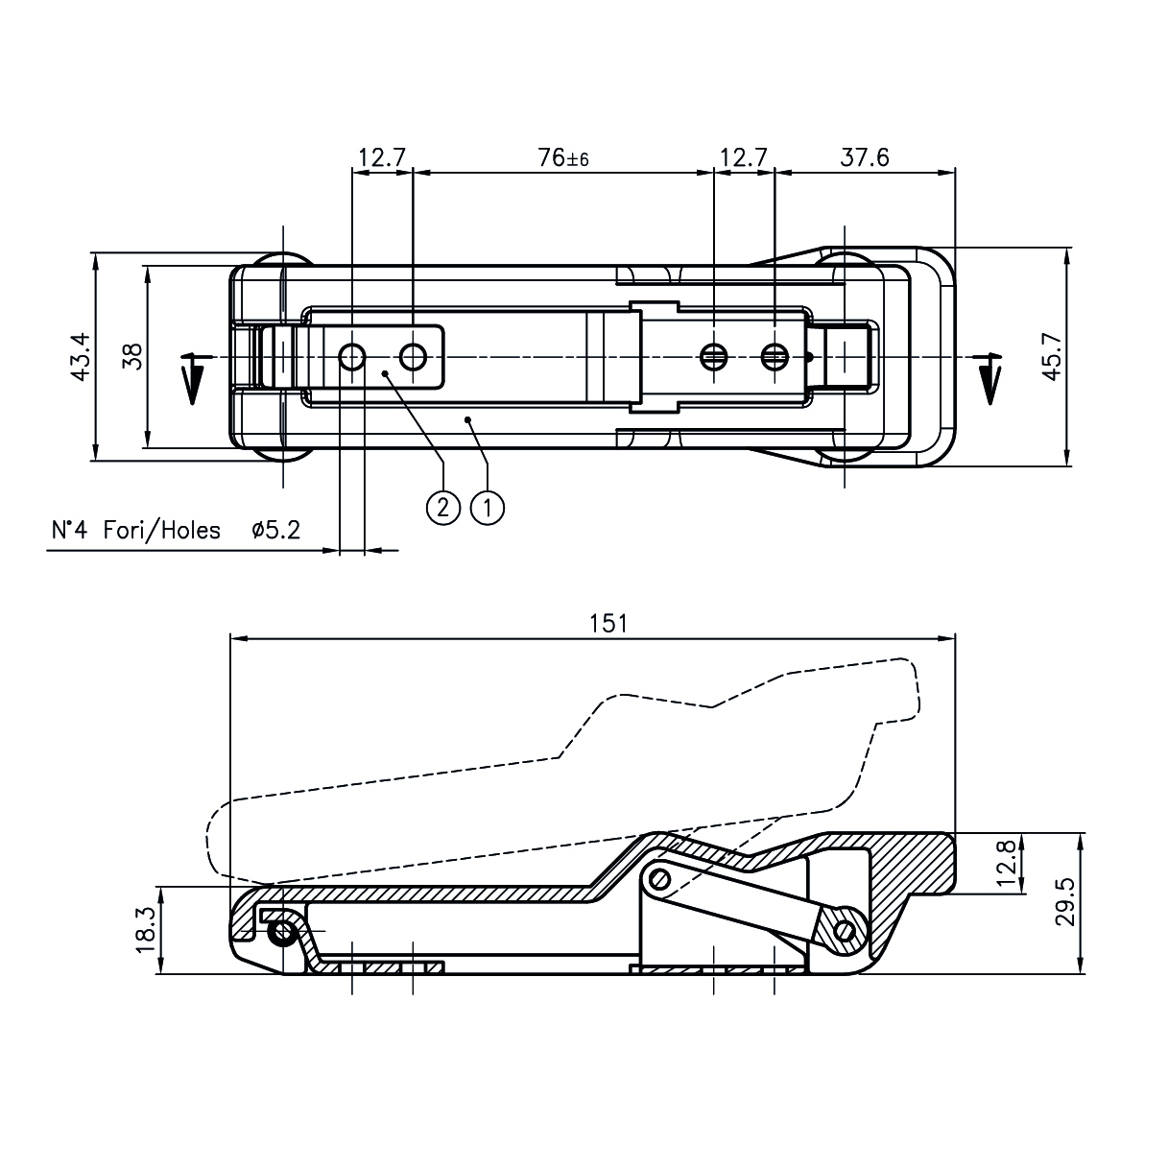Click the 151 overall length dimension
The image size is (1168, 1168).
point(608,623)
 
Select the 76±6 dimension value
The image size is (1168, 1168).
point(562,158)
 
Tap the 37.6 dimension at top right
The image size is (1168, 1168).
point(864,158)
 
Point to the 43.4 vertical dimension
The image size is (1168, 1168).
point(81,357)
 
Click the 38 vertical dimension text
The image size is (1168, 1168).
point(133,357)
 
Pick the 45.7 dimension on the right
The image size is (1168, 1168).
point(1052,358)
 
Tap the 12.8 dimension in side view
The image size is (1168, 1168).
point(1007,862)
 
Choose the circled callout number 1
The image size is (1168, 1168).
point(488,507)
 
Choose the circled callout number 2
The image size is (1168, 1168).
point(442,507)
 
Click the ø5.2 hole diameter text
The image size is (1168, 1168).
point(275,530)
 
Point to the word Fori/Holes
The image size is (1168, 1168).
point(161,530)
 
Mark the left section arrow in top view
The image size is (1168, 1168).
point(192,378)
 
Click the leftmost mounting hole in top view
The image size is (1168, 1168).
point(352,357)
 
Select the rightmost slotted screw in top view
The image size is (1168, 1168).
point(775,357)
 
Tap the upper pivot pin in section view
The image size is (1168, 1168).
point(659,878)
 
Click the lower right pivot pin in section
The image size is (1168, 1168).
point(845,930)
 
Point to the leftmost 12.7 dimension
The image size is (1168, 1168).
point(382,158)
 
